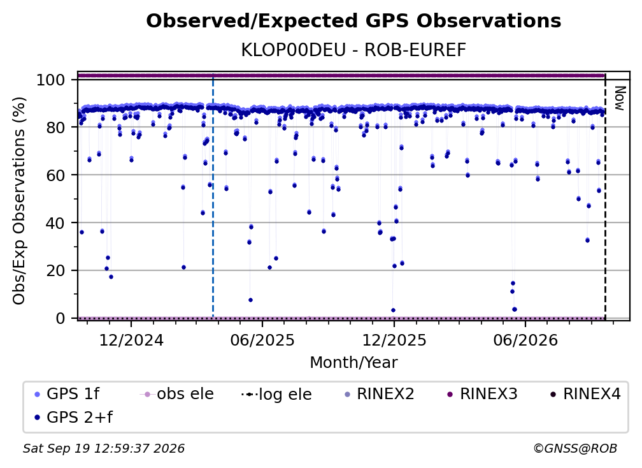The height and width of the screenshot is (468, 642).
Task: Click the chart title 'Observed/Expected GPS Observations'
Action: pos(353,21)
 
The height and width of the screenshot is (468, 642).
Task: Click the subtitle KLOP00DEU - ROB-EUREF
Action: pos(353,50)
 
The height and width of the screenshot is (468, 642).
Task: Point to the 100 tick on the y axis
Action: pos(51,80)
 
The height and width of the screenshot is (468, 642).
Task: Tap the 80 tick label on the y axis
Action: pos(55,128)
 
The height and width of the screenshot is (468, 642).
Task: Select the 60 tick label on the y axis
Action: pos(55,175)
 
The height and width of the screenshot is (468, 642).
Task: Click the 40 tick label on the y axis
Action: pos(55,223)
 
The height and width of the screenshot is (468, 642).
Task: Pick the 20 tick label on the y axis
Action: pos(55,270)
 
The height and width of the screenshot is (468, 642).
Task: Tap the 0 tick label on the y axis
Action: pos(61,318)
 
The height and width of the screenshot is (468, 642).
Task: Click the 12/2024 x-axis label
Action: pos(131,340)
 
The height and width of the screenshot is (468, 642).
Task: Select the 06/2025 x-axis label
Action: pos(262,340)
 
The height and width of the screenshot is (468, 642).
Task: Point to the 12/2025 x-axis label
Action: pos(394,340)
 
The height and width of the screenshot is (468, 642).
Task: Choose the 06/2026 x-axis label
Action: pos(525,340)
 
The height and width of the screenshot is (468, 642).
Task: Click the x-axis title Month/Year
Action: pos(353,363)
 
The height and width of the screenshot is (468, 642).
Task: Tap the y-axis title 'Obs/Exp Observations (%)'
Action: pos(19,201)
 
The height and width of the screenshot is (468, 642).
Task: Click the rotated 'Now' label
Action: pos(620,98)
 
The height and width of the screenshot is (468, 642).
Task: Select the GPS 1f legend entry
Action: pos(68,394)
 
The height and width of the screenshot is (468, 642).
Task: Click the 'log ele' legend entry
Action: pos(277,394)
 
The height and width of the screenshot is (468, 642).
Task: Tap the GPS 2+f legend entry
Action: pos(74,417)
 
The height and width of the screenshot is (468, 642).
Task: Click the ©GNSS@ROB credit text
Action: pos(575,448)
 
